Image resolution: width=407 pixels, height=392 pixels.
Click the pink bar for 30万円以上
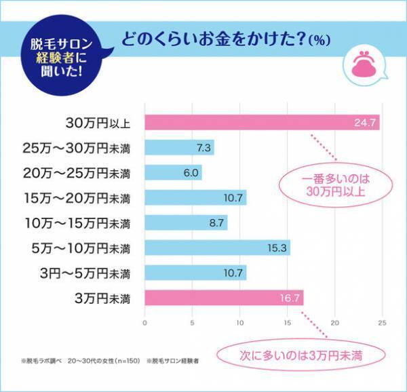click(x=261, y=123)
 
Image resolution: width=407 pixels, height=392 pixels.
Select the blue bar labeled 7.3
click(x=179, y=148)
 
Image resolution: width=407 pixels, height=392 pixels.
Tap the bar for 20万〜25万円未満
click(x=173, y=173)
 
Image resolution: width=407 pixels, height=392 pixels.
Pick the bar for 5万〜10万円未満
click(x=217, y=248)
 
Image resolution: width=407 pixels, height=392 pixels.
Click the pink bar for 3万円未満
click(x=224, y=298)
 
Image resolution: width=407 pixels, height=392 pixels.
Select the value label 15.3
click(x=277, y=248)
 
